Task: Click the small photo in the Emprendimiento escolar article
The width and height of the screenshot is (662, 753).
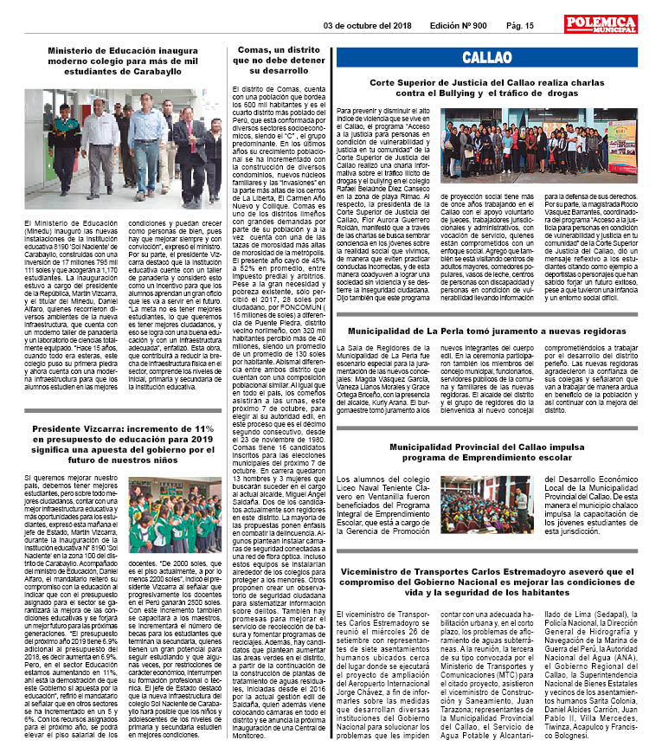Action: point(485,505)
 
